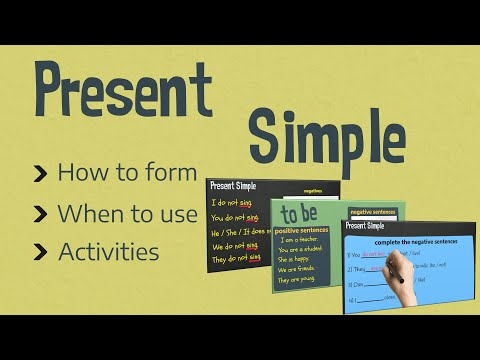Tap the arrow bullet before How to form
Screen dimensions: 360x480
(x=40, y=173)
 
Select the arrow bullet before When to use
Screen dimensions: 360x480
(x=40, y=213)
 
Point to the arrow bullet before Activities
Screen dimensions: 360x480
(x=40, y=252)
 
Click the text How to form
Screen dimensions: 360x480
(x=127, y=172)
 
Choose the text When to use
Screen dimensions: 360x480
(x=128, y=212)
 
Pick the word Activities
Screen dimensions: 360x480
(x=108, y=251)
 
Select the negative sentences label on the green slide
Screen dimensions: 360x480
(x=374, y=211)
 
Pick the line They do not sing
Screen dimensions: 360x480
(x=236, y=258)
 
